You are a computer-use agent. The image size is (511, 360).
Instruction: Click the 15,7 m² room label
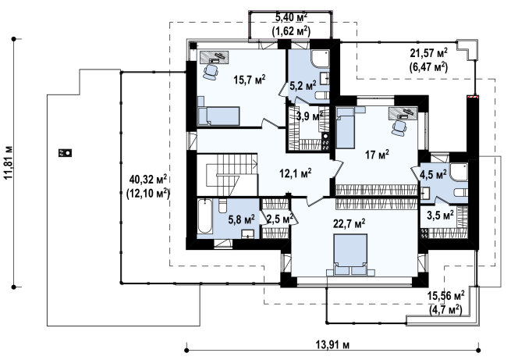250,79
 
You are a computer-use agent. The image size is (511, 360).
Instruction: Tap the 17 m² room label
377,155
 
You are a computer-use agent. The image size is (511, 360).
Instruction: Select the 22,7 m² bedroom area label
349,223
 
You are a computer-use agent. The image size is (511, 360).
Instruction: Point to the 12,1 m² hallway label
296,173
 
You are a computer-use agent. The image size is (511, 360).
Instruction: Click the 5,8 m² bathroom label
242,219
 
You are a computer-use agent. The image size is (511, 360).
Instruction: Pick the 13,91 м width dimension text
332,344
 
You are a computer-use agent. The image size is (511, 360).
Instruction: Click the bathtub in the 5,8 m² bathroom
204,216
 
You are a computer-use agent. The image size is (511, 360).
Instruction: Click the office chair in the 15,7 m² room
210,71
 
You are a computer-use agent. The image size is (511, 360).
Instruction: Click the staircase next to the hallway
228,175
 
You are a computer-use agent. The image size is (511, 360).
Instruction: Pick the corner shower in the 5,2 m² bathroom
320,59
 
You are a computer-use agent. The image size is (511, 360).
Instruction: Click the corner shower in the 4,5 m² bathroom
459,172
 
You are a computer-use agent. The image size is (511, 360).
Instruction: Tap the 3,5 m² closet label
440,216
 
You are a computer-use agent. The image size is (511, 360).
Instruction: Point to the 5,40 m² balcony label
291,16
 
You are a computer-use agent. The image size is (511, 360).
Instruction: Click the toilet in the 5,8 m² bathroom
222,206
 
